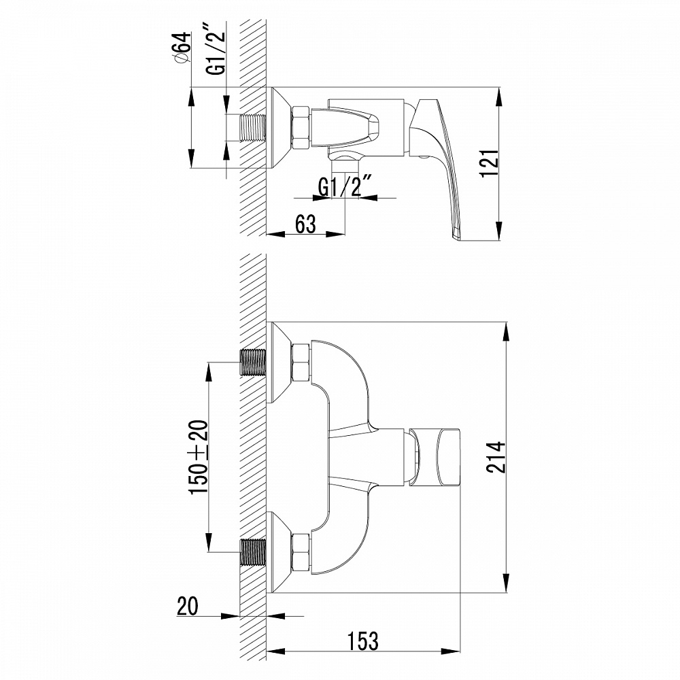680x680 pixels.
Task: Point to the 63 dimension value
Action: (305, 223)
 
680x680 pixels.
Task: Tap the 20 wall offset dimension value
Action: (188, 606)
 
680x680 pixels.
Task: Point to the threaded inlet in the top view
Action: (254, 127)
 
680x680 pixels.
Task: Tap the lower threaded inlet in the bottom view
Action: (254, 551)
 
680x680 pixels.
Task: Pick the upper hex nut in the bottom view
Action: (301, 362)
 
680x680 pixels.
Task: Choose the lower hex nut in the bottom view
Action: (301, 551)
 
